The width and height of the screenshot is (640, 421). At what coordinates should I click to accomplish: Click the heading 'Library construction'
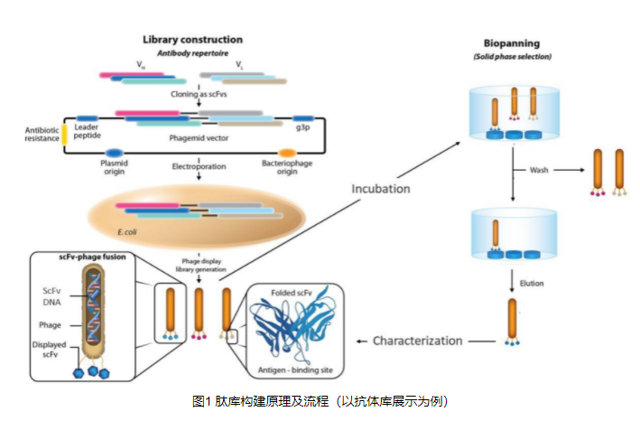(x=193, y=40)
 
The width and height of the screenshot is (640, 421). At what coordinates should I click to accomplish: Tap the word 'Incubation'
(x=380, y=189)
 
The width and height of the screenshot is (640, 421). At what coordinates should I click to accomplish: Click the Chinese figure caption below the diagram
(x=320, y=400)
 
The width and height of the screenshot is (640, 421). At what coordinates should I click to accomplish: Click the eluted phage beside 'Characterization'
(x=512, y=323)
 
